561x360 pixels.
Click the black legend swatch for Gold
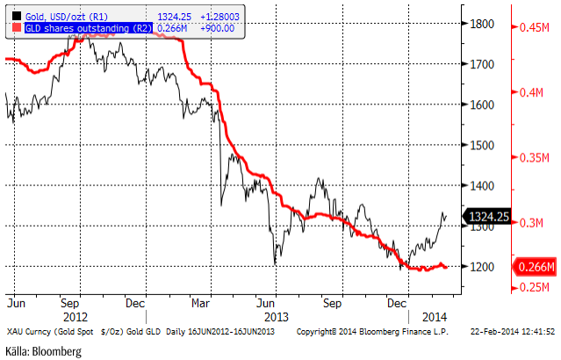11,15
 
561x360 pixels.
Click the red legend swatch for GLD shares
11,27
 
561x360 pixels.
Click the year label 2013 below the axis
278,315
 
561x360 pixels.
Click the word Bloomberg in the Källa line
55,351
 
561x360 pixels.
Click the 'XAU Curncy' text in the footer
25,332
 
